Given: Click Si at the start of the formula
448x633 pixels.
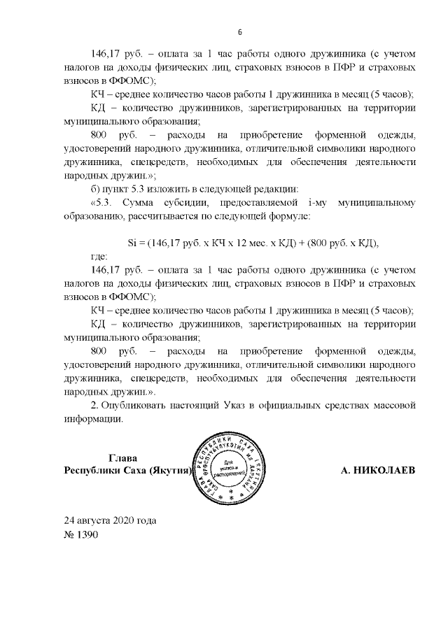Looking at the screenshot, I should pyautogui.click(x=134, y=243).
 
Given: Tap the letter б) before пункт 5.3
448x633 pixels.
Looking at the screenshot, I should pyautogui.click(x=98, y=190).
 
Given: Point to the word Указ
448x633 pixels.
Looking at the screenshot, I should pyautogui.click(x=258, y=406).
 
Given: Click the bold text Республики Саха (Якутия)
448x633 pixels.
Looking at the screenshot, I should pyautogui.click(x=127, y=471).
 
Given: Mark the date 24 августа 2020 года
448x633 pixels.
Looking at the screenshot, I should pyautogui.click(x=110, y=521).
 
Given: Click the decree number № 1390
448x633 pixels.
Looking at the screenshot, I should pyautogui.click(x=81, y=535).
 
